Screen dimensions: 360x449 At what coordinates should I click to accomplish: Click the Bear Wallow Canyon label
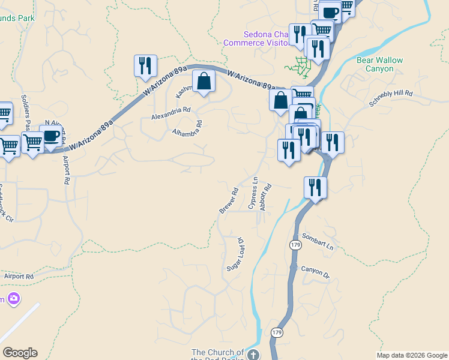[x=380, y=64]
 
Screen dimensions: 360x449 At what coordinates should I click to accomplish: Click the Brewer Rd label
[x=229, y=200]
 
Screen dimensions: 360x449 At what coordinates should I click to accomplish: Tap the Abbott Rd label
[x=265, y=197]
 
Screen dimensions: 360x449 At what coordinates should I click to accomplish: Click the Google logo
[x=20, y=353]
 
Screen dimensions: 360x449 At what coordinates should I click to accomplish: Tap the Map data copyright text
[x=411, y=355]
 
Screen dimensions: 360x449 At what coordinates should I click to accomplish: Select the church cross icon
[x=254, y=355]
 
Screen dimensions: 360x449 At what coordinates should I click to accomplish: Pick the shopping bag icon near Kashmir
[x=203, y=80]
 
